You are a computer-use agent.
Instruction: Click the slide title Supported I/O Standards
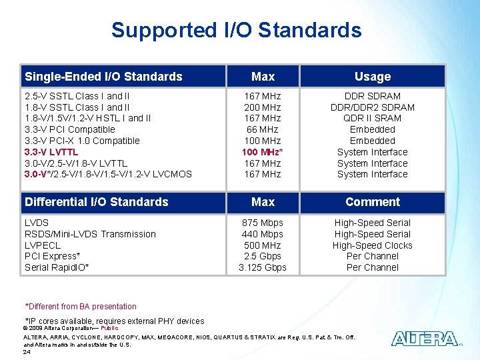click(x=236, y=30)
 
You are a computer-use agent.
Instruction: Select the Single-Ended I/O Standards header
click(x=103, y=76)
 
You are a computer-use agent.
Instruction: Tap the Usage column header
click(x=372, y=76)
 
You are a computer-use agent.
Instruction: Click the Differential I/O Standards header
click(x=96, y=201)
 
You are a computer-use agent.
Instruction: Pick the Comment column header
click(x=372, y=201)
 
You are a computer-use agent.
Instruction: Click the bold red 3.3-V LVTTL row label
click(x=51, y=152)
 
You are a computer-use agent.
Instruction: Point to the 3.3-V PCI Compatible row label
click(x=69, y=129)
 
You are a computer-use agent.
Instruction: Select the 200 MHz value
click(x=263, y=107)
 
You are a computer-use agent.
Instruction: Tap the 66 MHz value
click(x=263, y=129)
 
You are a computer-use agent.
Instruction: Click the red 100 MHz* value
click(x=263, y=152)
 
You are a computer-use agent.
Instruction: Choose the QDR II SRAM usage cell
click(x=372, y=118)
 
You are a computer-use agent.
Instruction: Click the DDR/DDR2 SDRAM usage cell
click(x=372, y=107)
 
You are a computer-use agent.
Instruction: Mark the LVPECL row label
click(x=43, y=245)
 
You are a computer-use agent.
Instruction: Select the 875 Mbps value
click(x=263, y=223)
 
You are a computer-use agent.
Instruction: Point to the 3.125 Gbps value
click(x=263, y=267)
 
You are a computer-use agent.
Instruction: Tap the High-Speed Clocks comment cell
click(x=372, y=245)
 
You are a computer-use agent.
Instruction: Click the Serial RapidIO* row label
click(x=57, y=267)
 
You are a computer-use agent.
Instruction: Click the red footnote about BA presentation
click(x=81, y=307)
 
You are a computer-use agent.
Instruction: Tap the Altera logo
click(x=425, y=339)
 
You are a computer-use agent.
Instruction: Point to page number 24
click(x=27, y=351)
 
